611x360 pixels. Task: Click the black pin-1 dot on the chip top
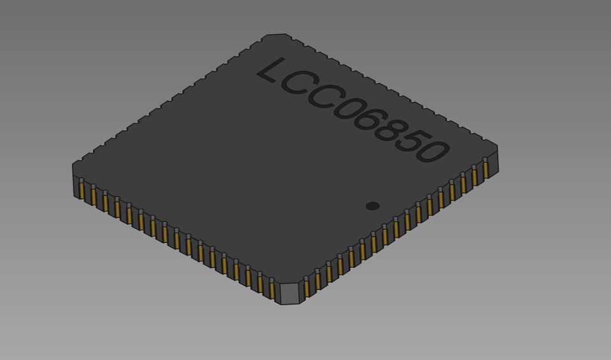pos(373,206)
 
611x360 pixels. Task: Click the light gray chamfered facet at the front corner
pos(290,293)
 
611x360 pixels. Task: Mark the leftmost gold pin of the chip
pos(81,190)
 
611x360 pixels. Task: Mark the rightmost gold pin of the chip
pos(486,169)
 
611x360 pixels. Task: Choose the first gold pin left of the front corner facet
pos(272,290)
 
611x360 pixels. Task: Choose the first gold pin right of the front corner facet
pos(307,288)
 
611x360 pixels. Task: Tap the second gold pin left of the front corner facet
pos(260,284)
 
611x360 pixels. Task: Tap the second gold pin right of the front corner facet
pos(318,281)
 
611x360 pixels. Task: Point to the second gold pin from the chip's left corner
pos(94,196)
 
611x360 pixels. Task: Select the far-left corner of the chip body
pos(74,167)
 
